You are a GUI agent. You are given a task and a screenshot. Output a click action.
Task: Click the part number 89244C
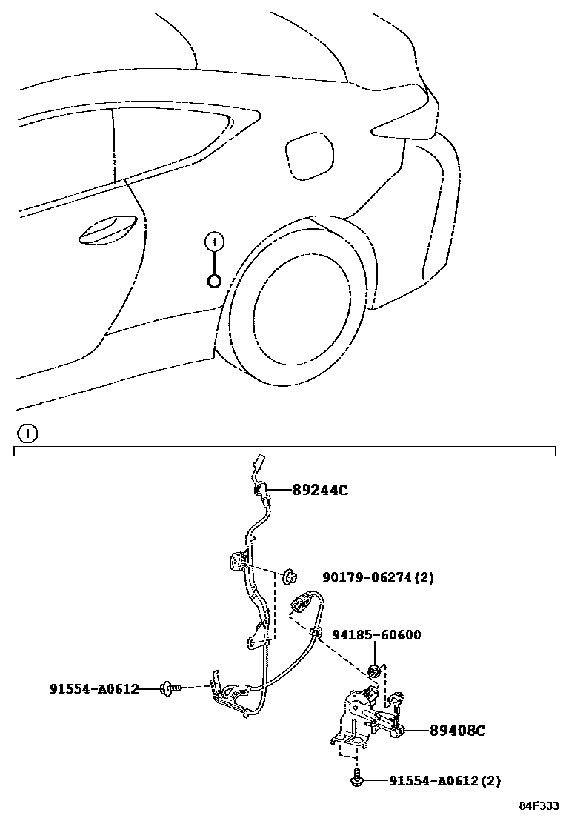pyautogui.click(x=319, y=490)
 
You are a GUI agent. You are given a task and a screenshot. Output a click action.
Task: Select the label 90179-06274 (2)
pyautogui.click(x=378, y=577)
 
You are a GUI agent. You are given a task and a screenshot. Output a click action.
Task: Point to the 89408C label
pyautogui.click(x=457, y=731)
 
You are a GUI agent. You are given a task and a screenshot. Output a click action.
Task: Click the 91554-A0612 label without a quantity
pyautogui.click(x=94, y=688)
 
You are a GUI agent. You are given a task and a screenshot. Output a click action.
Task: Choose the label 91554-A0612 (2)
pyautogui.click(x=444, y=780)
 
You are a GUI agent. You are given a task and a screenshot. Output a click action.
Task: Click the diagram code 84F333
pyautogui.click(x=538, y=805)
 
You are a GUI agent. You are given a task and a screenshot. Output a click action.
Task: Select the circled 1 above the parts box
pyautogui.click(x=26, y=433)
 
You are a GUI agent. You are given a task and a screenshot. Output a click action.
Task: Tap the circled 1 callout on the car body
pyautogui.click(x=214, y=242)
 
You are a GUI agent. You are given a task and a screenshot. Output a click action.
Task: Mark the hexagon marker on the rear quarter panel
pyautogui.click(x=214, y=281)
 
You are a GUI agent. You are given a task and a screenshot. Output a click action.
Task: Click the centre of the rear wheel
pyautogui.click(x=300, y=309)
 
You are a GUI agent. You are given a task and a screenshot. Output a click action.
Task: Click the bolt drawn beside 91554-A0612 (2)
pyautogui.click(x=358, y=780)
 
